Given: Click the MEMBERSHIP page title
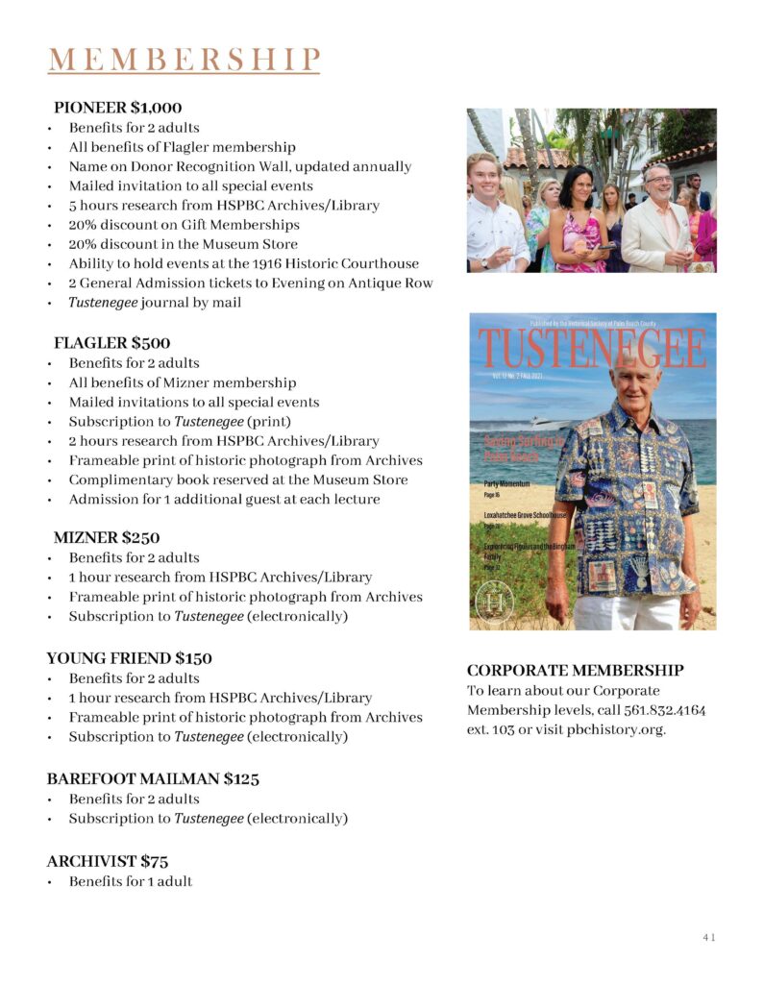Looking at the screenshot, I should [x=183, y=59].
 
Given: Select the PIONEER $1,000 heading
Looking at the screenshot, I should [x=118, y=108].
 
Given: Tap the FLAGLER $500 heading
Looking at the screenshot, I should [x=112, y=343].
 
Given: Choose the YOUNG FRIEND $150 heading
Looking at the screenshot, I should [x=129, y=658].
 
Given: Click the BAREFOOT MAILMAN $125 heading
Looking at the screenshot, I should [x=153, y=778].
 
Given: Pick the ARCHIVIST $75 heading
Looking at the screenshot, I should [x=108, y=861].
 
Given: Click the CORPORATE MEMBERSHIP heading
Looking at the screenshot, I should [x=575, y=670].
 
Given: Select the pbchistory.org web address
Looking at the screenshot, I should [x=617, y=729].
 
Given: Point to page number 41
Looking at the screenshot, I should [x=708, y=937].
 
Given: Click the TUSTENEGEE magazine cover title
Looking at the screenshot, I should [x=592, y=350].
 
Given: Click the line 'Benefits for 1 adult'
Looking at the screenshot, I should [x=130, y=881].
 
